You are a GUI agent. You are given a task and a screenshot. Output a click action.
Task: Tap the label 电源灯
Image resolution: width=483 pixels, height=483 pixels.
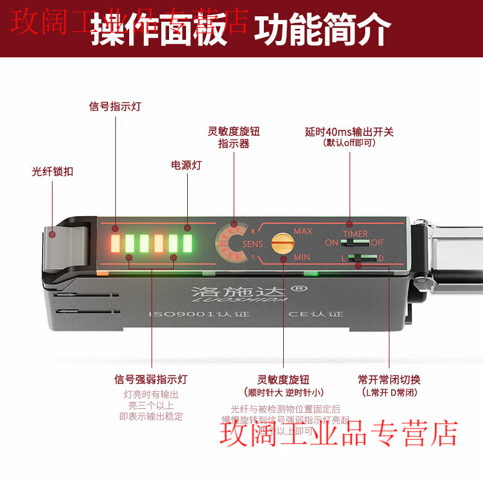pos(187,165)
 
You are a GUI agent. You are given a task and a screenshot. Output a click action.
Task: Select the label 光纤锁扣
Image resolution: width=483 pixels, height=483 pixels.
pos(53,171)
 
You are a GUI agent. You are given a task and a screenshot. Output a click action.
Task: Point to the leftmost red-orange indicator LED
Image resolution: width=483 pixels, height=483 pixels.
pos(115,243)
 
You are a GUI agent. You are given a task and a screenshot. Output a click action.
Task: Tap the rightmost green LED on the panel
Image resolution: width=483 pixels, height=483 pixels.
pos(187,243)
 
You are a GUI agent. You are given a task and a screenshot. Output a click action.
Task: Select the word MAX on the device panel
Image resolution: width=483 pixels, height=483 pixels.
pos(304,231)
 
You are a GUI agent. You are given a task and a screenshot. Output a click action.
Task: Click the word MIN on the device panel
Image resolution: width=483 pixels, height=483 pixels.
pos(302,257)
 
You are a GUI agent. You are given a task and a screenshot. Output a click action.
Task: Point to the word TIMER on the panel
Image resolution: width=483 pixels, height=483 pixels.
pos(355,234)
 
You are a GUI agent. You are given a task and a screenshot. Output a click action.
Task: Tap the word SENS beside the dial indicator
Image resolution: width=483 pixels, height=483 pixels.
pos(252,244)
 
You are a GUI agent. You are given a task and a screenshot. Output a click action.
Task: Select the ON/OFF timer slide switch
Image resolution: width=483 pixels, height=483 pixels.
pos(355,242)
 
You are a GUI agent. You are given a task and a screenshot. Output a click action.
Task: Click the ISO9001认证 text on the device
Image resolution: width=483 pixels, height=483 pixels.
pos(199,315)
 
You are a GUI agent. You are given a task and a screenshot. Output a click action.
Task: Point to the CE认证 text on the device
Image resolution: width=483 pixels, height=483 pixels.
pos(316,315)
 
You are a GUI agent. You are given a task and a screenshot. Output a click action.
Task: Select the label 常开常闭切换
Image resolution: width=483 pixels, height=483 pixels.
pos(389,380)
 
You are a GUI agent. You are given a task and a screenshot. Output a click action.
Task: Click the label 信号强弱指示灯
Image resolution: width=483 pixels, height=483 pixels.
pos(151,380)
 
